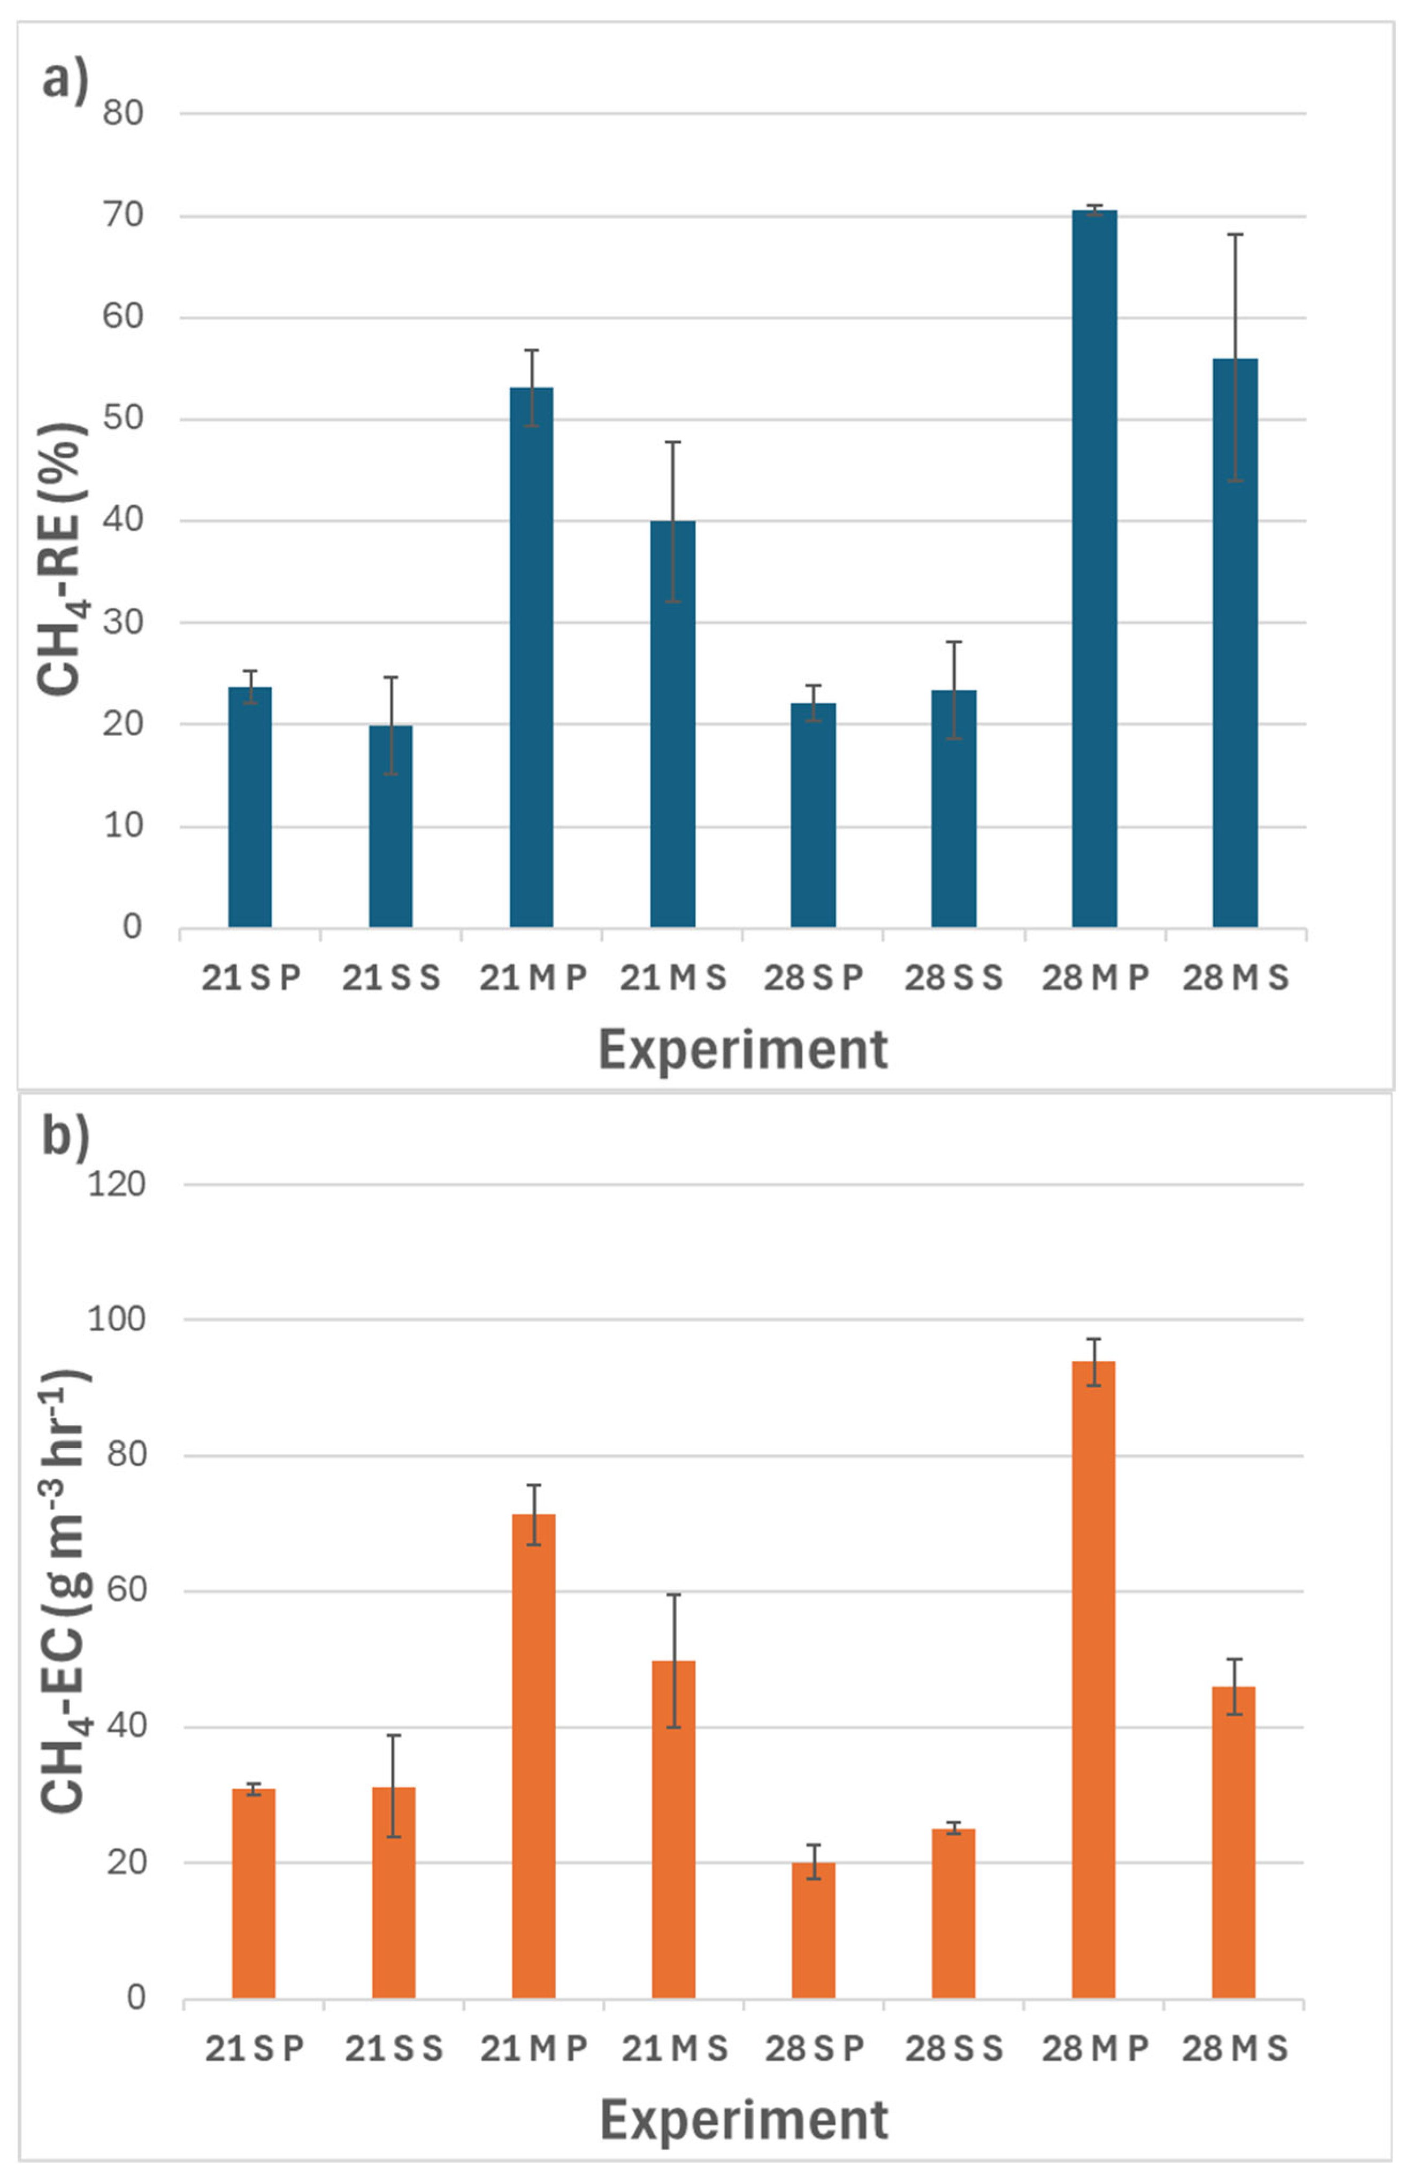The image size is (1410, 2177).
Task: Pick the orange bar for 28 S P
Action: pos(814,1930)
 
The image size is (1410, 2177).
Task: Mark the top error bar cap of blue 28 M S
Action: pos(1235,234)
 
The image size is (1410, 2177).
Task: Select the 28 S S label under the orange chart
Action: pos(953,2049)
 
